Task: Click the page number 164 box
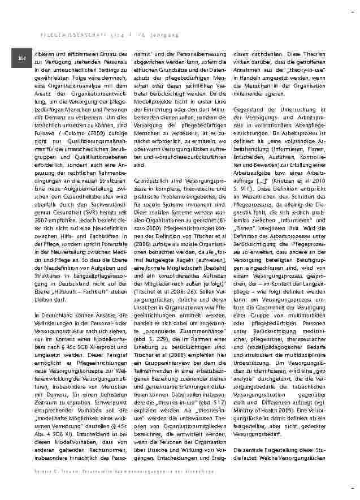tap(22, 58)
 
